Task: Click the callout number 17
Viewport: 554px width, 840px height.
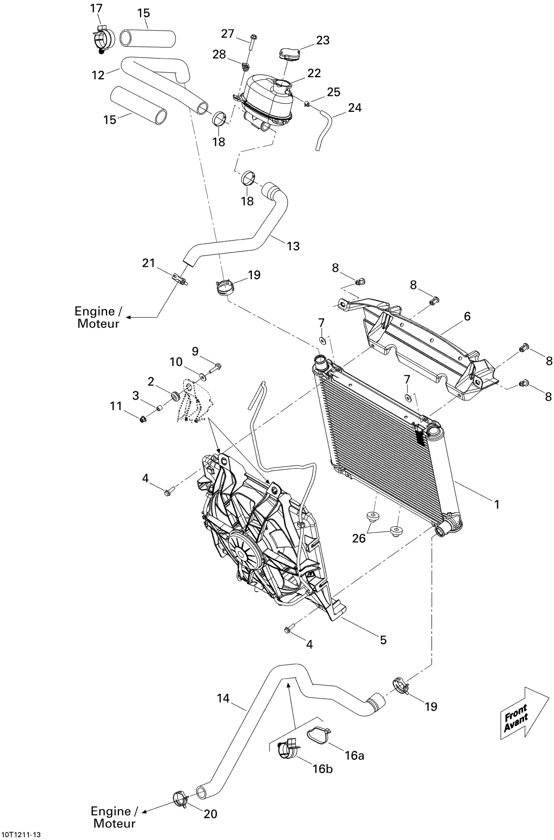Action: tap(96, 8)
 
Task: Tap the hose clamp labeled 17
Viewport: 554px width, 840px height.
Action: tap(102, 38)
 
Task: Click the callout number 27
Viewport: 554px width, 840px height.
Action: tap(228, 34)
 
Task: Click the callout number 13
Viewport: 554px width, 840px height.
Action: tap(293, 246)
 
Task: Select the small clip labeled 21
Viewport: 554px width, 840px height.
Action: tap(180, 277)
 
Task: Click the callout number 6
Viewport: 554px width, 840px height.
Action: tap(467, 316)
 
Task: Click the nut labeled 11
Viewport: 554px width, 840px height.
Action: tap(142, 419)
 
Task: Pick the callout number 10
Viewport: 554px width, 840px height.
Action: tap(176, 362)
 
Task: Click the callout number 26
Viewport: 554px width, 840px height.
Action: tap(359, 538)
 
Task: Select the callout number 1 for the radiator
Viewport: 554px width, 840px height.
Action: tap(497, 504)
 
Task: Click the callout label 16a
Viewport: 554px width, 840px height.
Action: tap(355, 755)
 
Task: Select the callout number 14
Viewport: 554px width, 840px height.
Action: tap(223, 698)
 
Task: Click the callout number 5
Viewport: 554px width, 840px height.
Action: tap(383, 640)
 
